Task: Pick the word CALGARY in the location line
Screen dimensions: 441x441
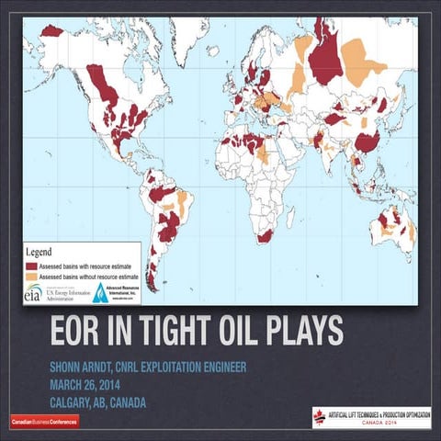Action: coord(76,402)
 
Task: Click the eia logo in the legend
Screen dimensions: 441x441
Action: coord(33,293)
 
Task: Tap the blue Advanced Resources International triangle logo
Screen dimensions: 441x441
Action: coord(101,292)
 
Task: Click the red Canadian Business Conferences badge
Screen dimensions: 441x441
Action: coord(43,421)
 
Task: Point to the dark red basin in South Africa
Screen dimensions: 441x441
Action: coord(265,236)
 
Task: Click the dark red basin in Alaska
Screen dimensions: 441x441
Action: coord(52,30)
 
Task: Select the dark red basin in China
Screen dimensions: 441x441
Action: coord(367,141)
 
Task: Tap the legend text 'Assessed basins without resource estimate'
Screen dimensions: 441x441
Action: coord(87,274)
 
